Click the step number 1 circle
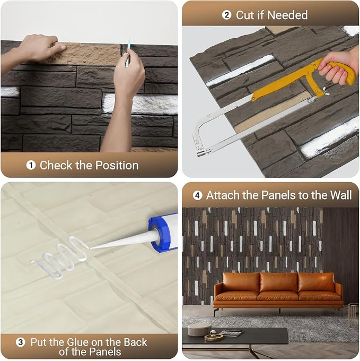tap(31, 165)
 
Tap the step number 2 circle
tap(226, 15)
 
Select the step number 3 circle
tap(21, 342)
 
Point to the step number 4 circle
tap(197, 195)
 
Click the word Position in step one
tap(117, 165)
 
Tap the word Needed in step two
tap(287, 15)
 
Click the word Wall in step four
tap(341, 195)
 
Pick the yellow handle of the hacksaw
tap(340, 71)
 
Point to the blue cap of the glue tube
tap(159, 234)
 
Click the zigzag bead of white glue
tap(59, 257)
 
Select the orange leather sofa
tap(278, 291)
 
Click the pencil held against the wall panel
tap(127, 53)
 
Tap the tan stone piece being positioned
tap(85, 54)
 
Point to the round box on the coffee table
tap(199, 329)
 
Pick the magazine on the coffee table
tap(232, 332)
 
